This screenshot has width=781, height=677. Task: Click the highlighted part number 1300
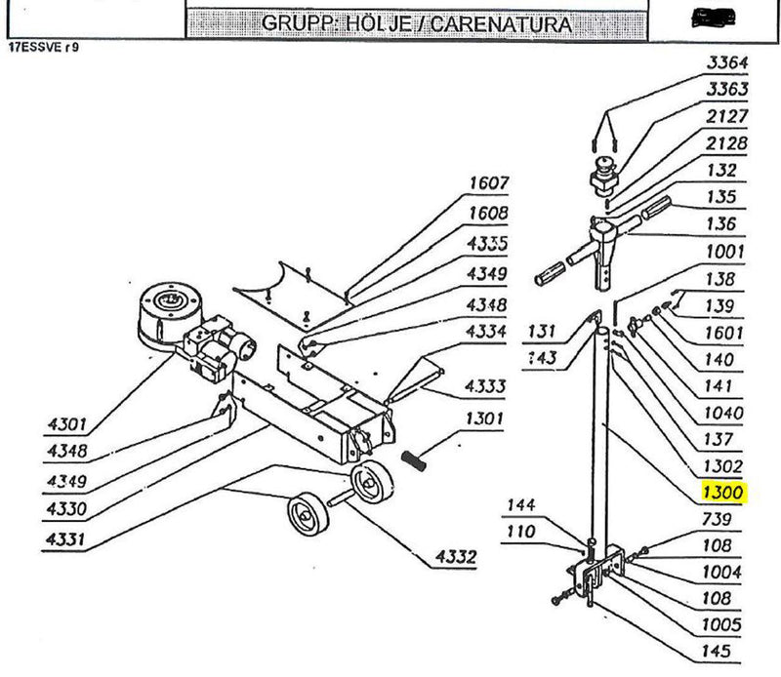coord(723,493)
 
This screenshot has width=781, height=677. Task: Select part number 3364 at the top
coord(726,63)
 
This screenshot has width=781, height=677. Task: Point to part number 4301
coord(68,424)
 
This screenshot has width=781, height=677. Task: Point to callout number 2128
coord(726,143)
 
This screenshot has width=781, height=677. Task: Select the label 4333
coord(485,387)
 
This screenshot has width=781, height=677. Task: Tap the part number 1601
coord(724,333)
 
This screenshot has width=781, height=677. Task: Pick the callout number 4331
coord(68,538)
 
